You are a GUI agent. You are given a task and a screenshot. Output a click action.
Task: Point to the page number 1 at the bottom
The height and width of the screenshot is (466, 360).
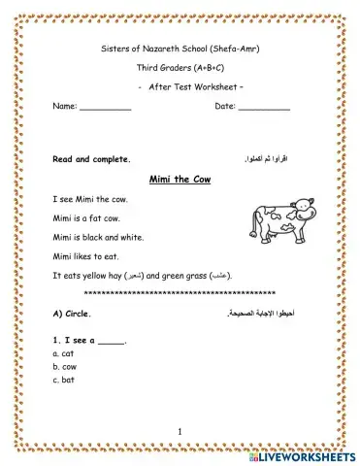pos(180,430)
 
